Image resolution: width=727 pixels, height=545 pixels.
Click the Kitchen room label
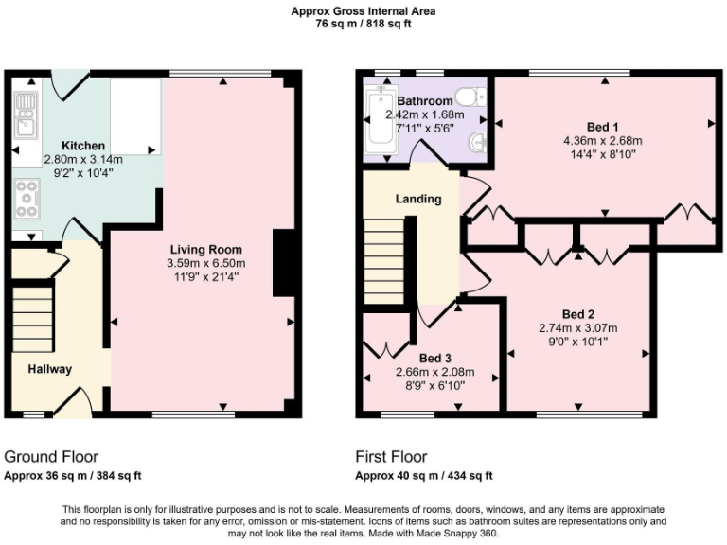tap(83, 146)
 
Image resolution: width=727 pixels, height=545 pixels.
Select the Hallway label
tap(49, 369)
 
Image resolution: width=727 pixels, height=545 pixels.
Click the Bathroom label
tap(424, 101)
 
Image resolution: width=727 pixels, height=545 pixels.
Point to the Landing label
tap(417, 200)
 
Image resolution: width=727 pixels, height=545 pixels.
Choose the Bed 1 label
tap(602, 128)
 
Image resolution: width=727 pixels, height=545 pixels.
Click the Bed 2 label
tap(577, 314)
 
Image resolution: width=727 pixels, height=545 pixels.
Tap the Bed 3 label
tap(434, 358)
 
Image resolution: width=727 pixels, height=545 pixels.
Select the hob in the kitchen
tap(26, 199)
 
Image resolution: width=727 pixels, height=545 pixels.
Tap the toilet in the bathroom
tap(468, 96)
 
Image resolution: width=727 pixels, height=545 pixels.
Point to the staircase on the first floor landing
tap(383, 261)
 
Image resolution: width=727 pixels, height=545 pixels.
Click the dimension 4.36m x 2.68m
tap(602, 142)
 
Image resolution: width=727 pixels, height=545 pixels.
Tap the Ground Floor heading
tap(51, 456)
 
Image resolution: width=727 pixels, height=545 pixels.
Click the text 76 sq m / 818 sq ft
tap(363, 26)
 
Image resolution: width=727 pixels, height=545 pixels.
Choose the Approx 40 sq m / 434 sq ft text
tap(423, 475)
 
